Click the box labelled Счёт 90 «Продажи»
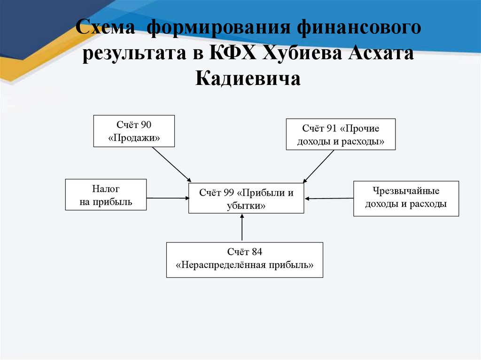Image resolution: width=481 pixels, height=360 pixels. (x=134, y=131)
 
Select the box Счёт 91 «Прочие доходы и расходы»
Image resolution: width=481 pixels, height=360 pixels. (x=341, y=134)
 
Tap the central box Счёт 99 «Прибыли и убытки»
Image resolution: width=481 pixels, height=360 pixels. (x=246, y=199)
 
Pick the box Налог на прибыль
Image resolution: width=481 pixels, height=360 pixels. (x=106, y=195)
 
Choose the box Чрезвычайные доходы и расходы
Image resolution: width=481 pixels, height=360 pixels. (x=406, y=198)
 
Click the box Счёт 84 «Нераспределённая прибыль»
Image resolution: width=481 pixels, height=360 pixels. (x=245, y=259)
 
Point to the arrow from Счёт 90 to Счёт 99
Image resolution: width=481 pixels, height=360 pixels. (x=171, y=164)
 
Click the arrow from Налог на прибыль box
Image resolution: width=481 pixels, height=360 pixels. (x=167, y=198)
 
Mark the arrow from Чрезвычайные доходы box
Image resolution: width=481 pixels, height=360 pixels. (x=328, y=199)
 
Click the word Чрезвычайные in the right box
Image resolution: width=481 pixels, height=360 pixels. (x=406, y=191)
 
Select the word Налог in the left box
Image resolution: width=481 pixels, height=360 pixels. (x=106, y=189)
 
